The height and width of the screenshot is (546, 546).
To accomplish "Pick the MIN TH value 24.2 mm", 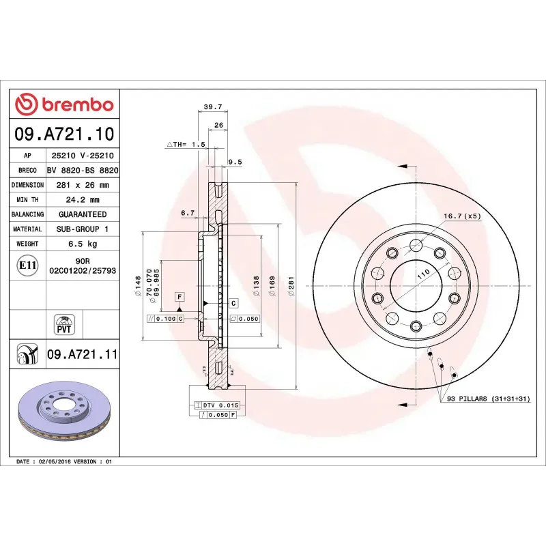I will tap(83, 200).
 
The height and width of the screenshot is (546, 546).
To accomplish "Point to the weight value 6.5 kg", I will tap(83, 244).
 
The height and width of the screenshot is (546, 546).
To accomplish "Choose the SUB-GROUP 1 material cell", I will tap(83, 229).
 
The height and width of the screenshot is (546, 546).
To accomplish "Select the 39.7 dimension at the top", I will tap(213, 106).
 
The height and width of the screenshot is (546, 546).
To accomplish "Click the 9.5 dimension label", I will tap(235, 162).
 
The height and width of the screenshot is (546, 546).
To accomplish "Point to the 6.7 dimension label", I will tap(188, 213).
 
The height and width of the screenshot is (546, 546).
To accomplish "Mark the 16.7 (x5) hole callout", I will tap(462, 216).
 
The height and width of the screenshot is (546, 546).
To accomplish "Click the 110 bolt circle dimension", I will tap(423, 273).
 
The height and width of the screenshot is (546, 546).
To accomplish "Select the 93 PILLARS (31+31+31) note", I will tap(489, 398).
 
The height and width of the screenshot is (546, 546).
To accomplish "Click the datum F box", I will tap(179, 296).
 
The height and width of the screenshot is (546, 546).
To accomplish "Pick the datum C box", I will tap(233, 302).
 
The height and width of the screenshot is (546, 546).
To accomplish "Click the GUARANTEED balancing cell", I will tap(83, 214).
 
